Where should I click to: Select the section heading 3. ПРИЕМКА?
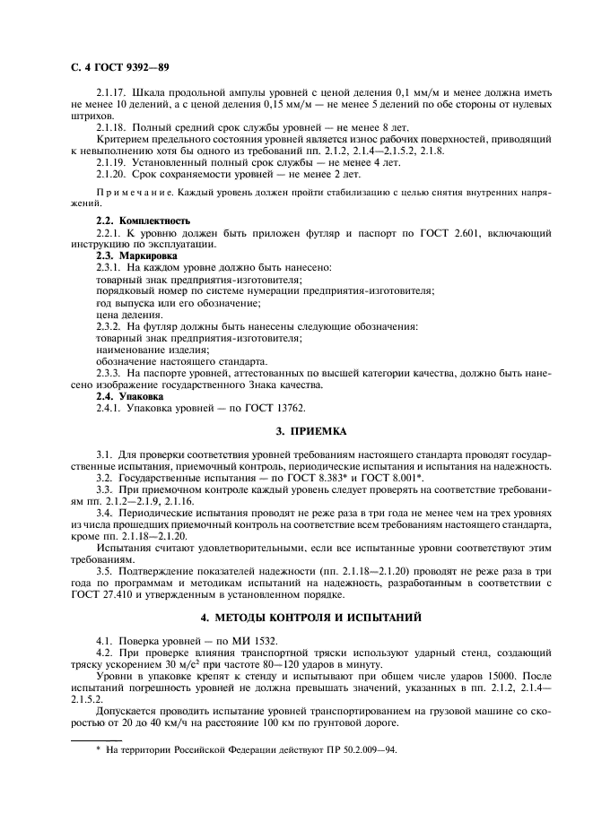tap(297, 431)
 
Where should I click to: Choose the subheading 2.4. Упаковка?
tap(130, 395)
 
